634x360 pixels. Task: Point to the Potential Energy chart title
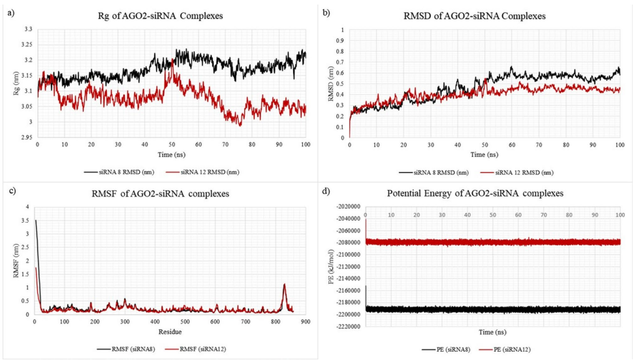click(484, 193)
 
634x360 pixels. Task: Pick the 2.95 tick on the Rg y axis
click(25, 137)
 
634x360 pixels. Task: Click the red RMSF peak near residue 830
click(285, 285)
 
